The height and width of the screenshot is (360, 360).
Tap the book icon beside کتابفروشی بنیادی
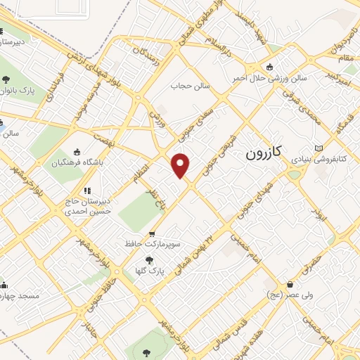tap(319, 148)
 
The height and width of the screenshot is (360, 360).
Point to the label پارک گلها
tap(148, 269)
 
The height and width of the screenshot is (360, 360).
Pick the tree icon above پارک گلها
tap(148, 260)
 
